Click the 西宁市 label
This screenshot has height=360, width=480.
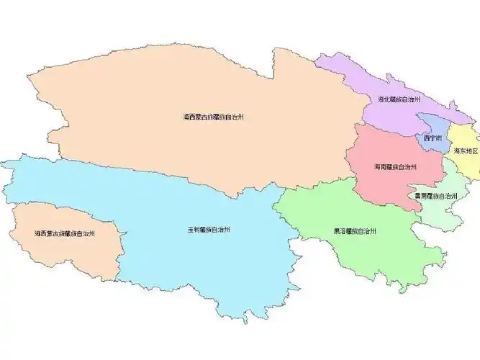pos(433,137)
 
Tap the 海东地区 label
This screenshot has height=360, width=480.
pos(466,151)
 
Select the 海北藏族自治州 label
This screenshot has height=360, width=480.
pos(399,99)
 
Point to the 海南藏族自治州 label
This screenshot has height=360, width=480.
pos(395,167)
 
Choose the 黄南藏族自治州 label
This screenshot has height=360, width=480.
pos(436,196)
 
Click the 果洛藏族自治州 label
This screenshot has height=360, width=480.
pos(356,232)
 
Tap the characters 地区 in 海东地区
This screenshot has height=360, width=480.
pos(472,151)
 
